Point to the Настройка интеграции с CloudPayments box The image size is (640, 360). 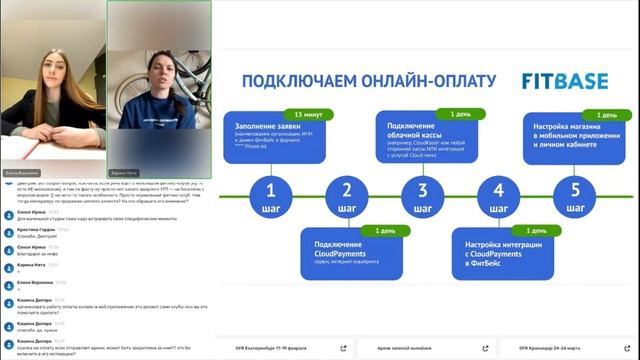click(x=501, y=255)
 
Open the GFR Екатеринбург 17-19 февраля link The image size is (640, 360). click(x=280, y=348)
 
